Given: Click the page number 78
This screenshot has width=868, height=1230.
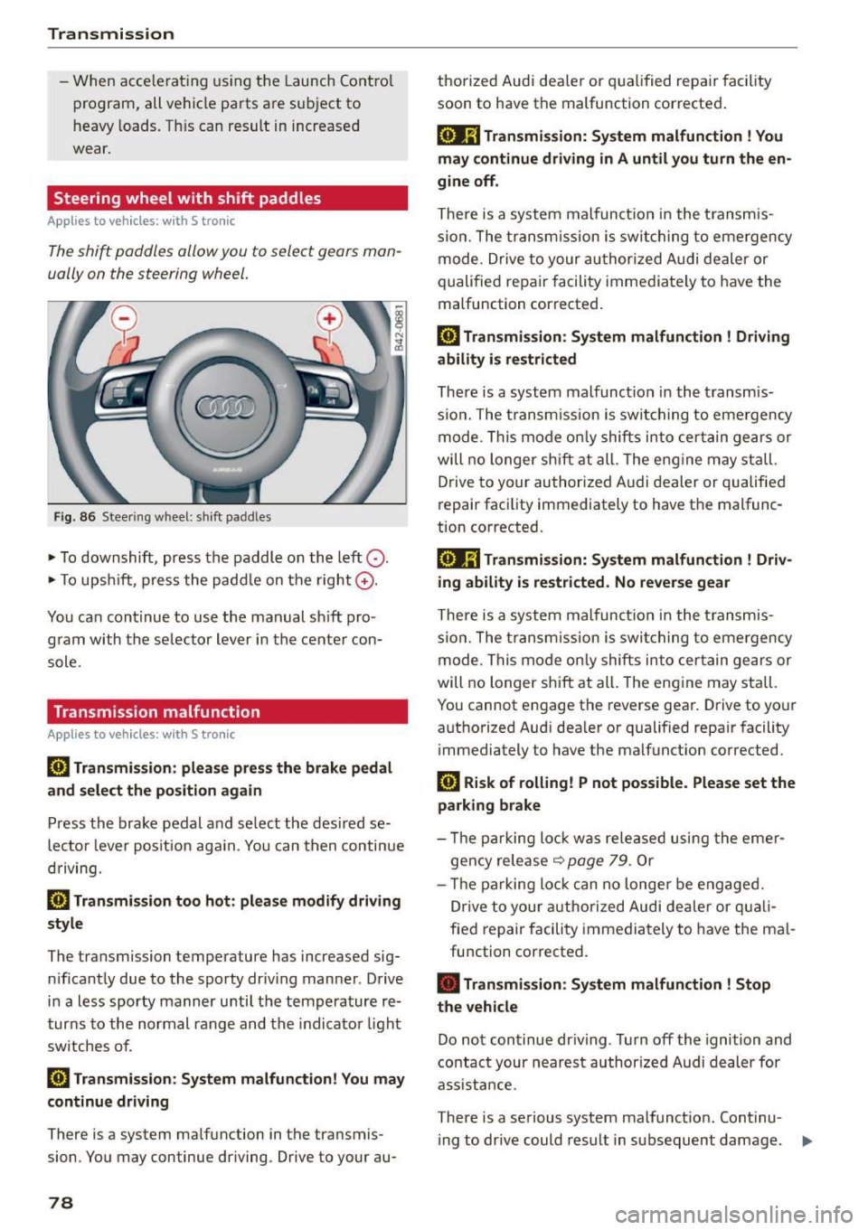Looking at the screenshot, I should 61,1202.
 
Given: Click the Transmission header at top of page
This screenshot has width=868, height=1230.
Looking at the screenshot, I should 110,33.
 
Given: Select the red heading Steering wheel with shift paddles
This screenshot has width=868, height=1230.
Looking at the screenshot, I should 187,198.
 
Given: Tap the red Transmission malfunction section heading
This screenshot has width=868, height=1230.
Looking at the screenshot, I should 156,711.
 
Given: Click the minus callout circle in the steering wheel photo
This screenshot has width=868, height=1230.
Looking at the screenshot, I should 124,318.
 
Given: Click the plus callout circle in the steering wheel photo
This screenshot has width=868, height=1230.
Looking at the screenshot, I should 329,318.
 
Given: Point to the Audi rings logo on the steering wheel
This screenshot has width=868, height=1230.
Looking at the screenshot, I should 226,408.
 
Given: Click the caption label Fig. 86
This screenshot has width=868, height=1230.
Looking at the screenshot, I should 74,517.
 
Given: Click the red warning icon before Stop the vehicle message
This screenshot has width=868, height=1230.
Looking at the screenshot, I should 448,983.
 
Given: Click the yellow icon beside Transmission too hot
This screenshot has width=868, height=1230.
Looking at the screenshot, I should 58,900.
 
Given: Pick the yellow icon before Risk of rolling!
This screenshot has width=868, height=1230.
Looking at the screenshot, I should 448,783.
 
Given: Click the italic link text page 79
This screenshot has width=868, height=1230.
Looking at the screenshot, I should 598,860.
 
